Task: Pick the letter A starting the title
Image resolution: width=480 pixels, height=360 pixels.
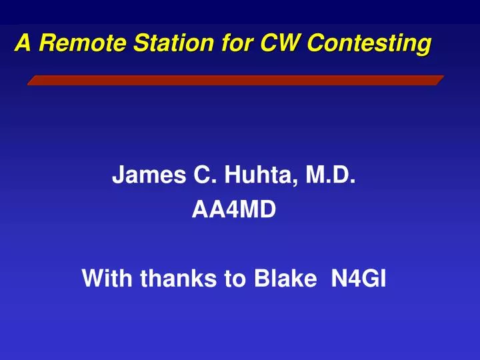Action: coord(23,43)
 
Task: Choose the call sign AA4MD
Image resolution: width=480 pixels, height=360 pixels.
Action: coord(233,211)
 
